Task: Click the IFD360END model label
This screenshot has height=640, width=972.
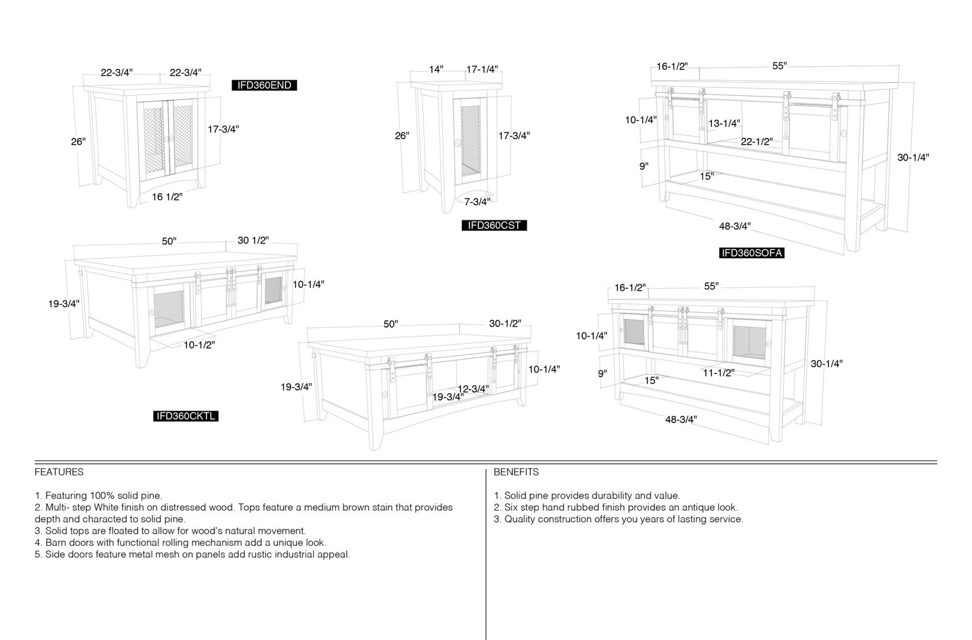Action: tap(264, 86)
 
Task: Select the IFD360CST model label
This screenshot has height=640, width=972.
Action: tap(495, 225)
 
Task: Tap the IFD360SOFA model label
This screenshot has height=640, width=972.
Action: tap(752, 253)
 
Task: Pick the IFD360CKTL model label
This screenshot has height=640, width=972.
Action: tap(186, 417)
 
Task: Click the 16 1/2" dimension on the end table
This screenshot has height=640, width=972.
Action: tap(167, 197)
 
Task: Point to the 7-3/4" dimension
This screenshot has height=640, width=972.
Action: tap(477, 202)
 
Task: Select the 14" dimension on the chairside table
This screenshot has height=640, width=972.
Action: tap(436, 69)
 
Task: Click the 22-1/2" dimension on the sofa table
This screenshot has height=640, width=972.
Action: tap(757, 142)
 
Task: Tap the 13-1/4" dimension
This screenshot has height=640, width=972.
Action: tap(724, 124)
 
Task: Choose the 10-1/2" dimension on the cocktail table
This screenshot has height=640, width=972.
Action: tap(199, 345)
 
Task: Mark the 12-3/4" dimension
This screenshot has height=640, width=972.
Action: tap(473, 389)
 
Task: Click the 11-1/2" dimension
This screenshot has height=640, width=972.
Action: tap(719, 373)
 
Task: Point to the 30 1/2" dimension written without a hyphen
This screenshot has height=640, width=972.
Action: tap(253, 240)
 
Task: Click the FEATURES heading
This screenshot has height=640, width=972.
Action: tap(59, 472)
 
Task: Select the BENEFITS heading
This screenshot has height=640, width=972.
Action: tap(516, 472)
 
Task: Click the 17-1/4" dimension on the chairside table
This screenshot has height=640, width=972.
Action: tap(482, 69)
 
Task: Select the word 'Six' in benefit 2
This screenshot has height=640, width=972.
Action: tap(511, 507)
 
